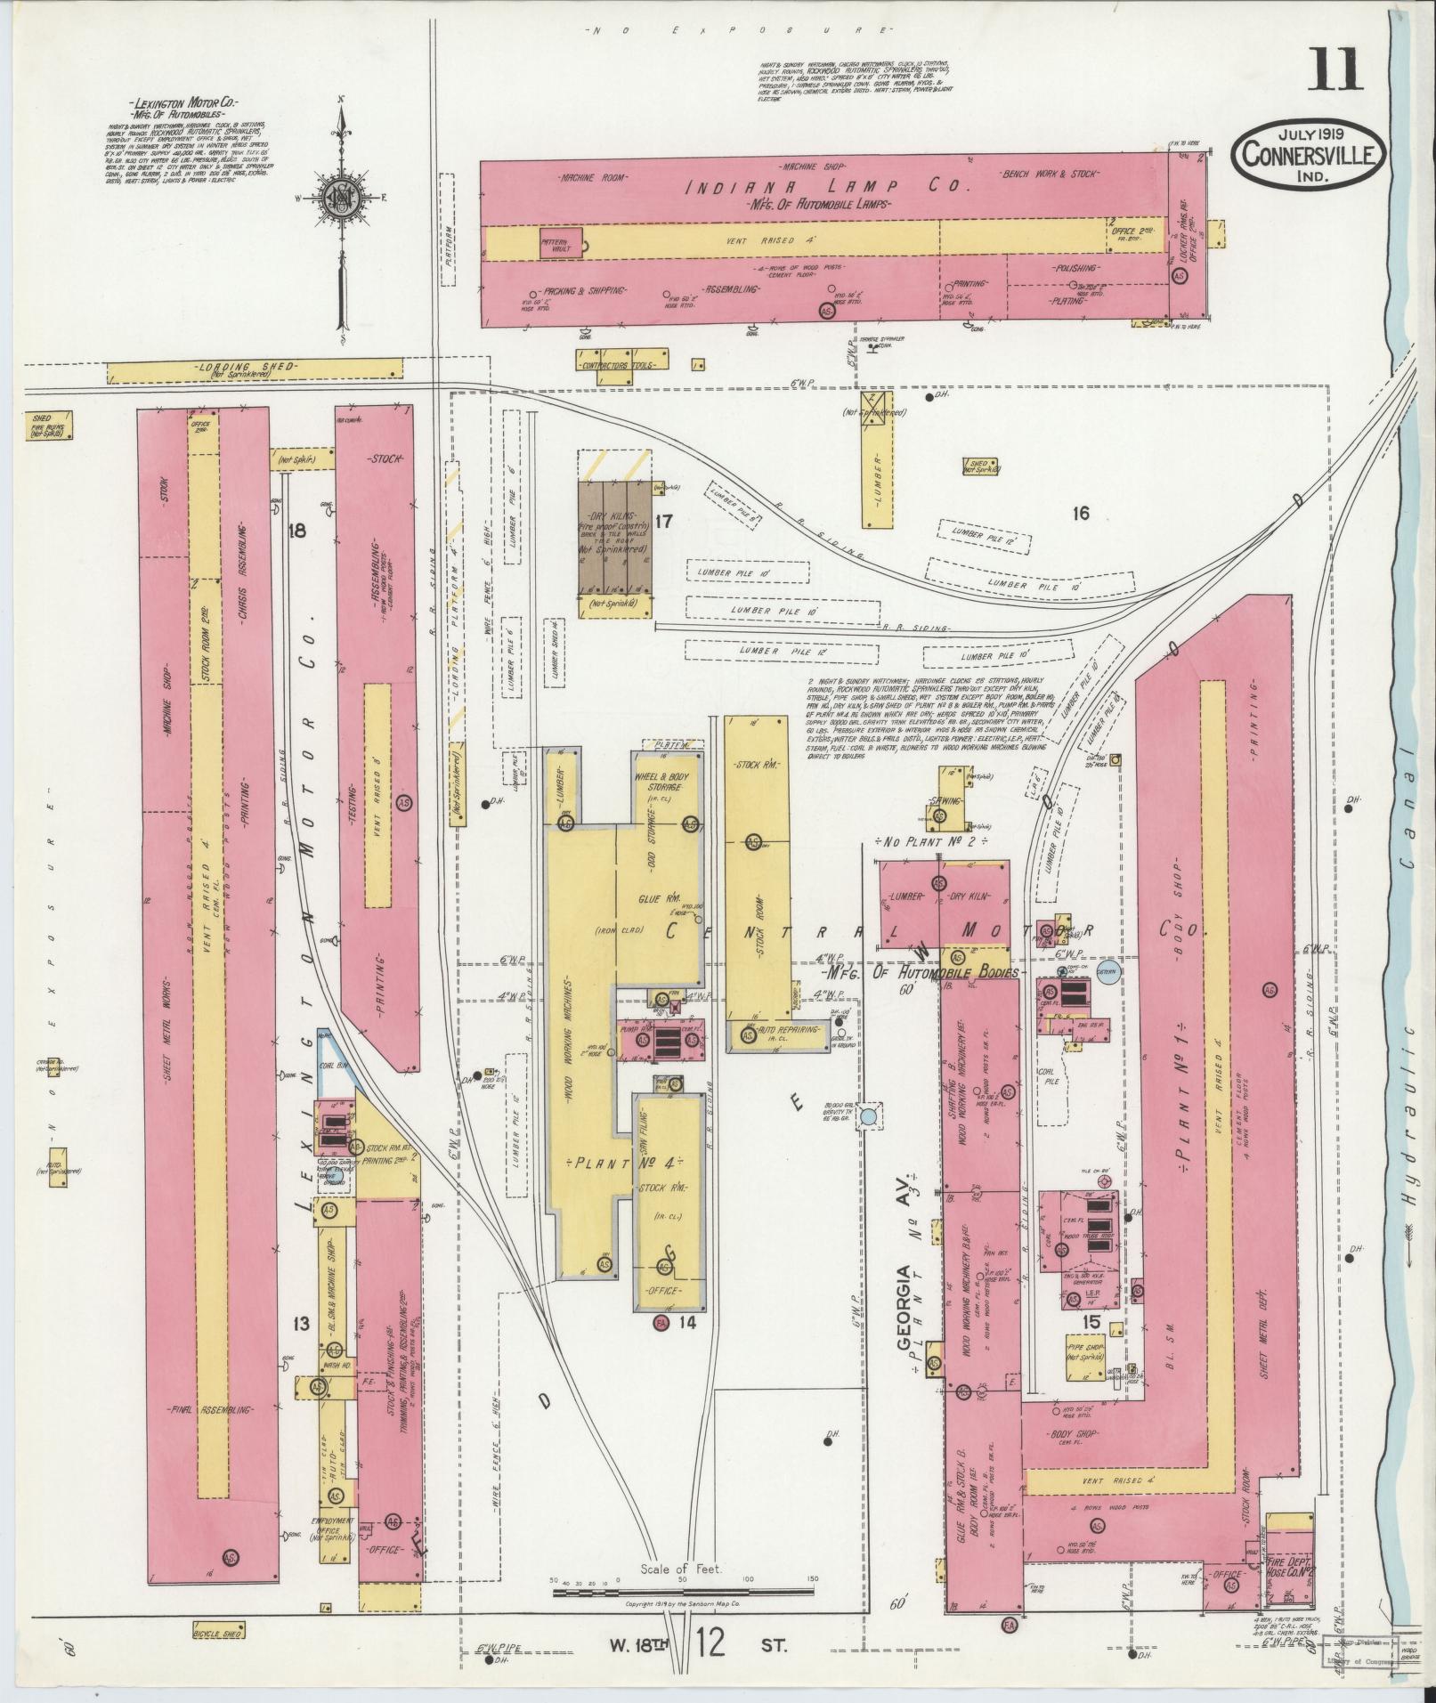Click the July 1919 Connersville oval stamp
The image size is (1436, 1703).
click(x=1308, y=156)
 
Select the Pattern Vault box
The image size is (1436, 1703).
click(x=560, y=242)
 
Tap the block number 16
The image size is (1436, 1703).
click(x=1081, y=513)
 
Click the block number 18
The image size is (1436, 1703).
click(x=296, y=531)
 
